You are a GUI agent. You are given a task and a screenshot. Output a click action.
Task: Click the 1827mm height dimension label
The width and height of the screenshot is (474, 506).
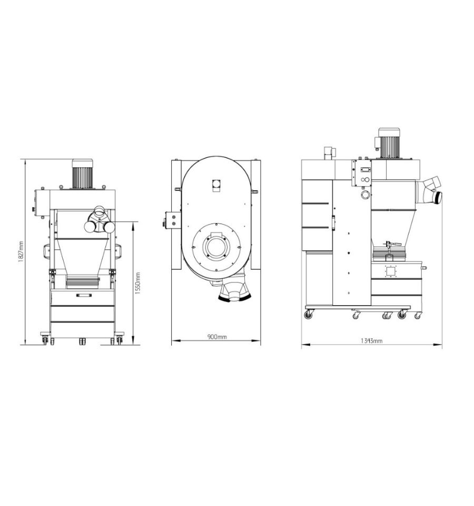click(x=21, y=252)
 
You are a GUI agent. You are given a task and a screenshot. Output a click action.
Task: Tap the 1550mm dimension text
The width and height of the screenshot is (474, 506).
click(x=137, y=283)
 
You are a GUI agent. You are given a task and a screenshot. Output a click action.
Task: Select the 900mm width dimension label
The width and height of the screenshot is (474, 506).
click(x=217, y=337)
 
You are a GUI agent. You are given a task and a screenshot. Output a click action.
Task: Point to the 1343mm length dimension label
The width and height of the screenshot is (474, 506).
click(x=372, y=340)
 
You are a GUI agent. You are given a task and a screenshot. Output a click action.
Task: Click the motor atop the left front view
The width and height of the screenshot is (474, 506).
click(x=82, y=174)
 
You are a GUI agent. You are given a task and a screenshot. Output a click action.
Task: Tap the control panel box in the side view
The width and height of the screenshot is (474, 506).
click(x=362, y=173)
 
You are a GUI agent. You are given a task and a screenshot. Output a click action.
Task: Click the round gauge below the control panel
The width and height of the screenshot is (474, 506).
click(x=366, y=195)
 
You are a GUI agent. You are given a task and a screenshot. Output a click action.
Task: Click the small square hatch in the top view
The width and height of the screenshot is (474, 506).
click(x=216, y=186)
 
